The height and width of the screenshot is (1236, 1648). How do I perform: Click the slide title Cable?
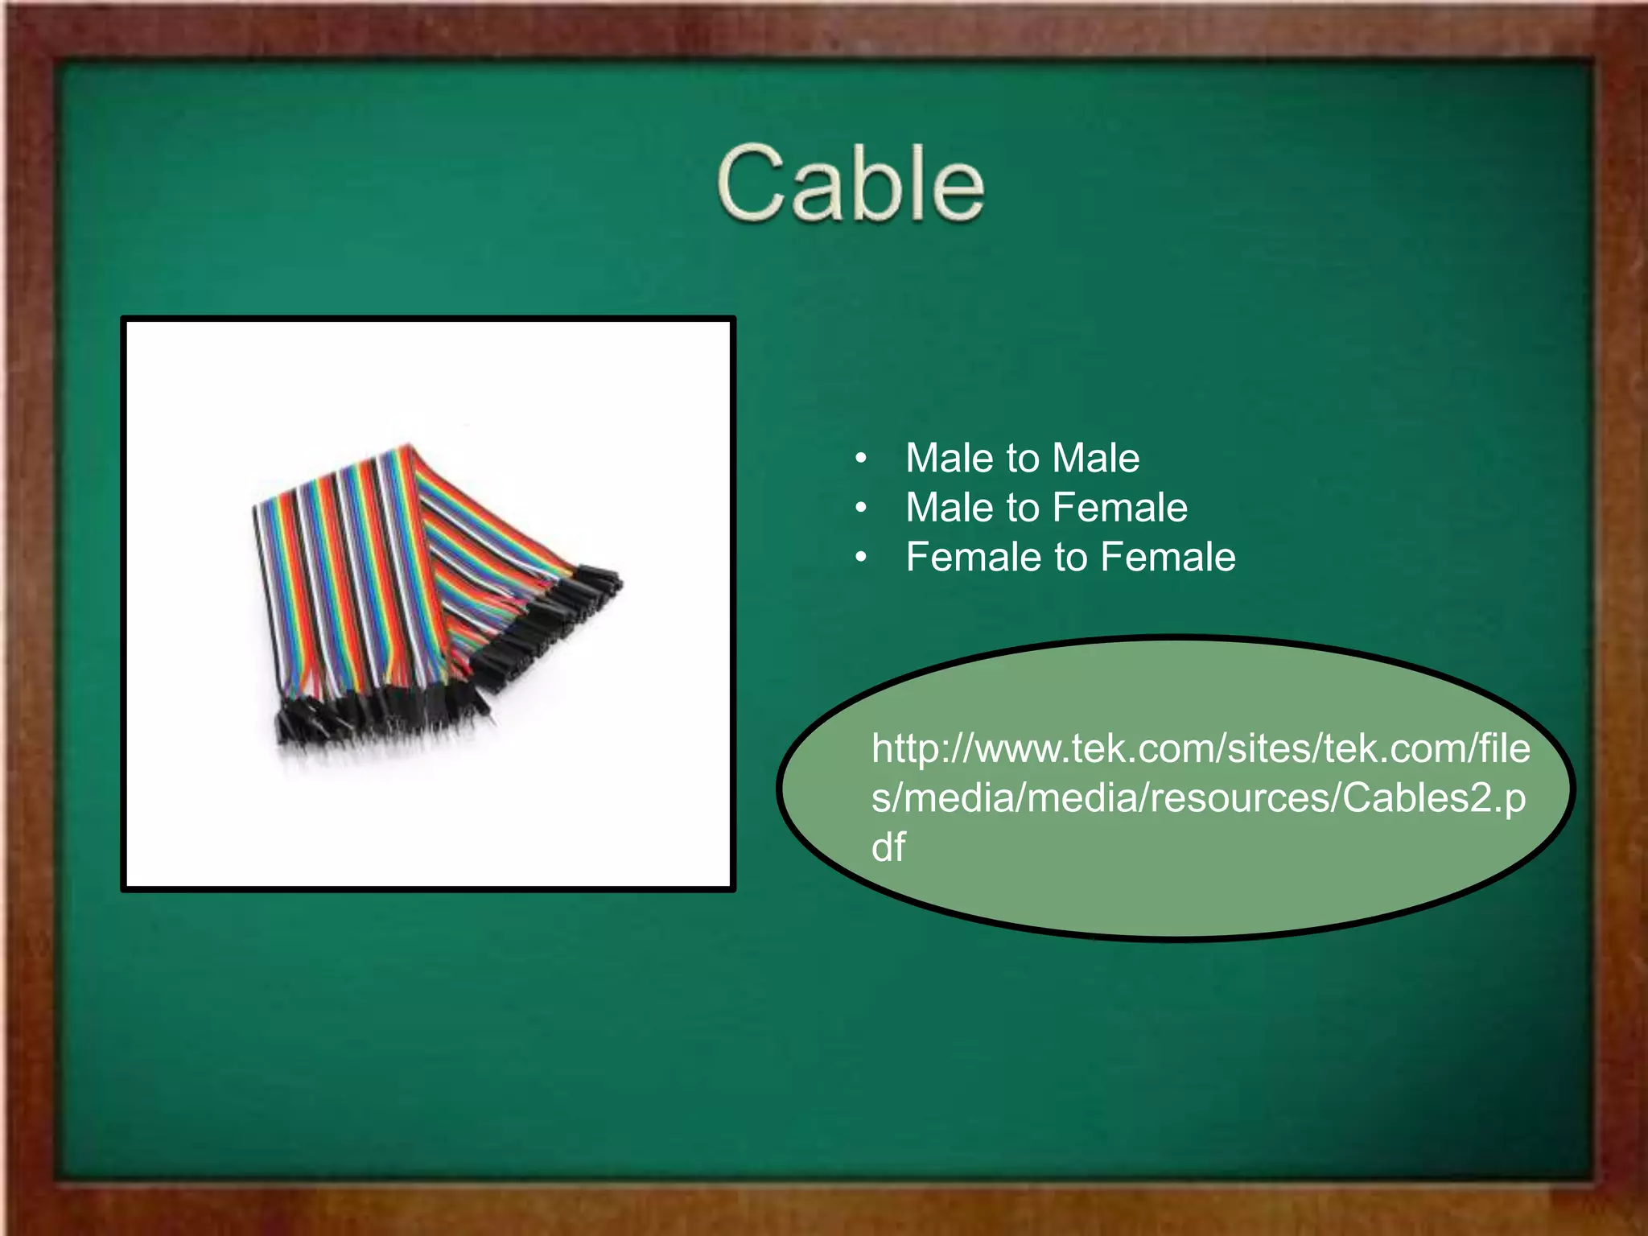tap(850, 183)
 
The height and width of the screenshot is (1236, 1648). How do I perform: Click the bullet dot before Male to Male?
tap(861, 459)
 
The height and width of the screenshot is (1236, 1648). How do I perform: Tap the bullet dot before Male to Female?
tap(861, 509)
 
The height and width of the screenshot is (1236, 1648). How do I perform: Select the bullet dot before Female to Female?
tap(861, 558)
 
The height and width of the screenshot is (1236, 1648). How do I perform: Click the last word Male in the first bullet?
tap(1095, 459)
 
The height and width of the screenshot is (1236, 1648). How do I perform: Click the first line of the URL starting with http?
tap(1201, 749)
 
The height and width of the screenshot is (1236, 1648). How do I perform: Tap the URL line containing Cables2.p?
tap(1198, 798)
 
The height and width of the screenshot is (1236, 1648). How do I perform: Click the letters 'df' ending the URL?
tap(888, 847)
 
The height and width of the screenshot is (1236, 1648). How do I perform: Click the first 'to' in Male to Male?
tap(1023, 459)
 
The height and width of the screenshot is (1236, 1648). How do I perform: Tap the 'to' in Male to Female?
tap(1023, 508)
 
